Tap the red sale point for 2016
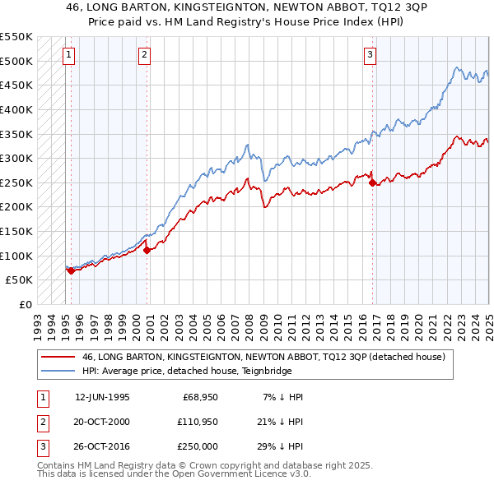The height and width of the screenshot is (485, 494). pyautogui.click(x=372, y=182)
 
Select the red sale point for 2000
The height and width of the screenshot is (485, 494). pyautogui.click(x=147, y=250)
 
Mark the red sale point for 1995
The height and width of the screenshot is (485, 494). pyautogui.click(x=71, y=270)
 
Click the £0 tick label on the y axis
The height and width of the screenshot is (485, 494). pyautogui.click(x=24, y=304)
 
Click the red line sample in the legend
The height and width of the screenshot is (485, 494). pyautogui.click(x=58, y=358)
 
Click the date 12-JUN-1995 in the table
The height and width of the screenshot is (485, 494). pyautogui.click(x=102, y=398)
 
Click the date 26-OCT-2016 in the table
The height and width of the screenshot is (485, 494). pyautogui.click(x=102, y=446)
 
